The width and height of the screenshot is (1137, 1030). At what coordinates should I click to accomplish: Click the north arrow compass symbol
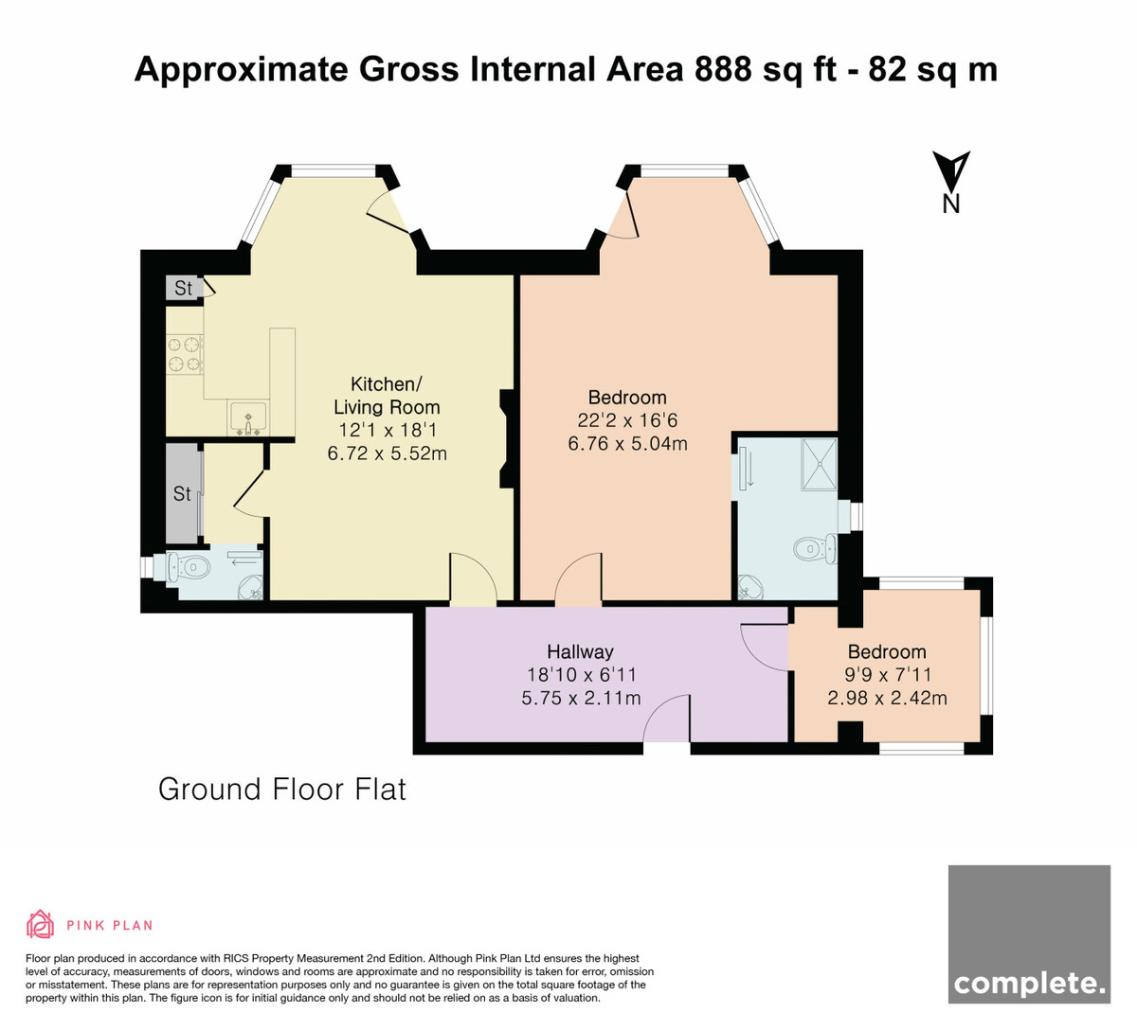[x=951, y=182]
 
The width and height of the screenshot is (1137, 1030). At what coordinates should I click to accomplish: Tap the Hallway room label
[x=580, y=651]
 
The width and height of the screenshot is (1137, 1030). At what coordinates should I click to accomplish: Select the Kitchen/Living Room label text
[x=387, y=396]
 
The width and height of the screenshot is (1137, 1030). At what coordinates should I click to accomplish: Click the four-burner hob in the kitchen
[x=185, y=354]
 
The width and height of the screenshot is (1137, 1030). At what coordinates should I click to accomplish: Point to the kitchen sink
[x=247, y=418]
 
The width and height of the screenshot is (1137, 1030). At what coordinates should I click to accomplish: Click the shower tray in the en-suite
[x=819, y=464]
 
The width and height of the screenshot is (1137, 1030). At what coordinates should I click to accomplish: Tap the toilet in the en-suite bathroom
[x=816, y=548]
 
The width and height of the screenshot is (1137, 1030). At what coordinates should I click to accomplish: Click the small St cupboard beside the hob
[x=183, y=288]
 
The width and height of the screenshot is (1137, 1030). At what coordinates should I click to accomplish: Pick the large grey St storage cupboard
[x=183, y=493]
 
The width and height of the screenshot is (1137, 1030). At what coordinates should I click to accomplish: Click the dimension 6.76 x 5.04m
[x=627, y=443]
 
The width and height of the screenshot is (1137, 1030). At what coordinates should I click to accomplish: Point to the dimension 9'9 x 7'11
[x=887, y=675]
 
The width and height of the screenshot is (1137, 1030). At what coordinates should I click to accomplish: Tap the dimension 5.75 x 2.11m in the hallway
[x=581, y=698]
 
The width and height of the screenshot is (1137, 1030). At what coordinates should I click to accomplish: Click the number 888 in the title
[x=723, y=69]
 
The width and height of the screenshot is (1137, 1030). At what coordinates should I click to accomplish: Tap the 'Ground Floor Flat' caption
[x=282, y=790]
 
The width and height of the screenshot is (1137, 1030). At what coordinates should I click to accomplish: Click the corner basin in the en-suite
[x=751, y=588]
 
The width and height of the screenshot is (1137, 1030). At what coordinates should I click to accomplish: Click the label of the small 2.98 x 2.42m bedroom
[x=887, y=651]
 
